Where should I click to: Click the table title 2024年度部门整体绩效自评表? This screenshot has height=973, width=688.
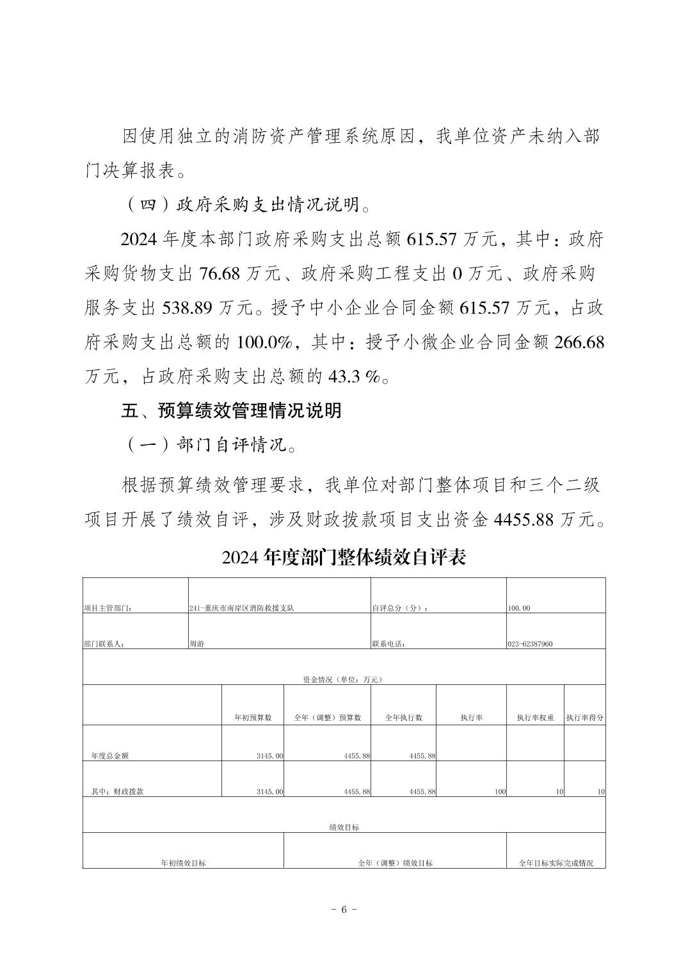pos(344,557)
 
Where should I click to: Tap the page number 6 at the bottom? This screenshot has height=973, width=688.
pos(344,910)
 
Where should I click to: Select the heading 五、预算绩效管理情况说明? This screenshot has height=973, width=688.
pos(232,410)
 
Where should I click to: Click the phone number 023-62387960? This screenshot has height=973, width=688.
pos(530,644)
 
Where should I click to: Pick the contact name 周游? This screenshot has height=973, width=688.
pos(197,644)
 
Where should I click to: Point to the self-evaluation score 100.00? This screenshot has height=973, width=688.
pos(518,608)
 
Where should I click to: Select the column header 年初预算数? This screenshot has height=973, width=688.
pos(253,718)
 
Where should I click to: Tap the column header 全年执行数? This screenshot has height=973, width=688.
pos(403,718)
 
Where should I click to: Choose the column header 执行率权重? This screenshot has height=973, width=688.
pos(536,718)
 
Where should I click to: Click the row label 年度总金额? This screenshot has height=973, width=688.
pos(109,755)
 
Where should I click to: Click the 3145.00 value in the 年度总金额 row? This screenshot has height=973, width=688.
pos(269,756)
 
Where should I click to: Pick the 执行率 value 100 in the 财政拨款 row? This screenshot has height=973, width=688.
pos(500,792)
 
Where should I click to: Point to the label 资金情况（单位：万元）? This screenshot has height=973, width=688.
pos(344,680)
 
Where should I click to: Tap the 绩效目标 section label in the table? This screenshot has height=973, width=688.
pos(344,827)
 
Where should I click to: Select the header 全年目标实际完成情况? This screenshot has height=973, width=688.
pos(556,863)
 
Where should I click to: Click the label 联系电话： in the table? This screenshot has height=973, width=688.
pos(388,644)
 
